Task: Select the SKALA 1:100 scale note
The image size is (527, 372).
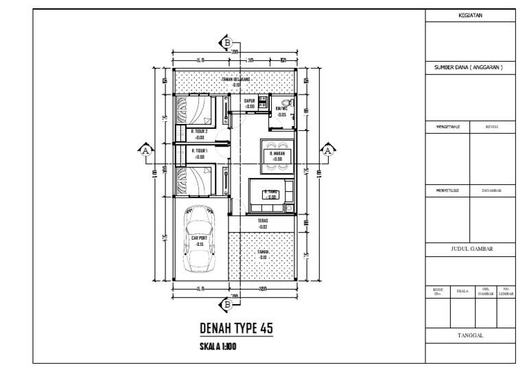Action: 218,347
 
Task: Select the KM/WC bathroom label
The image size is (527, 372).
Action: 282,112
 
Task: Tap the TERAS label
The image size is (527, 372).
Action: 263,223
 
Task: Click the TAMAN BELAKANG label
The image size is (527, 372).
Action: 235,82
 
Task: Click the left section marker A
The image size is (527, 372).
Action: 145,151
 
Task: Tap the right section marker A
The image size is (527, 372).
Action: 327,151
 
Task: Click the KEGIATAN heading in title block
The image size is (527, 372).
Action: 469,16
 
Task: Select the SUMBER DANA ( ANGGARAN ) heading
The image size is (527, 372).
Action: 469,67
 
